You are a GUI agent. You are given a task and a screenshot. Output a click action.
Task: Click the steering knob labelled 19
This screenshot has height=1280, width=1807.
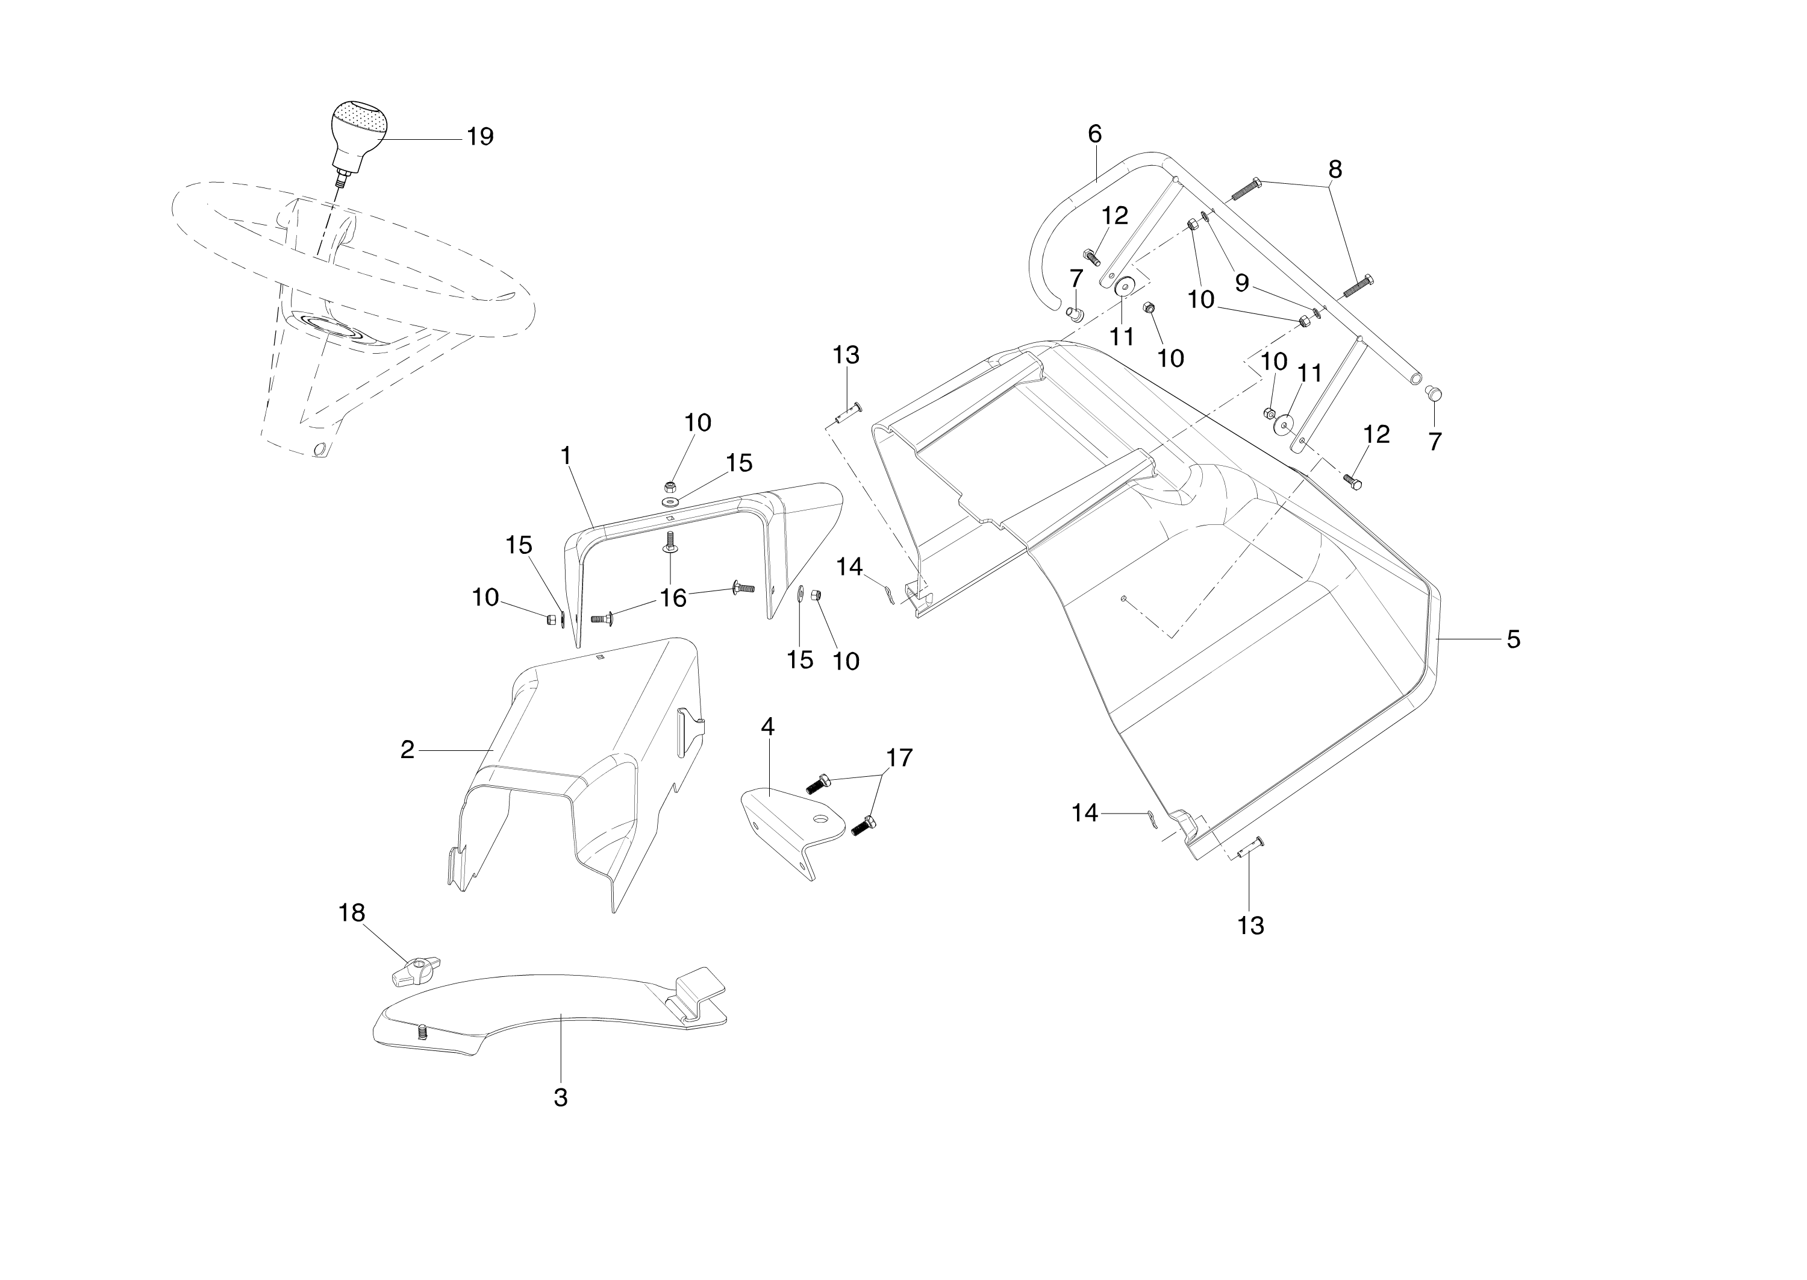coord(358,130)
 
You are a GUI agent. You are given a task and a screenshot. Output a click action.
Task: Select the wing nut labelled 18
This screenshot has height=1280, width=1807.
coord(415,971)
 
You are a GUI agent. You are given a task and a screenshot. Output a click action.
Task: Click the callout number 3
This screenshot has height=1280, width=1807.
coord(561,1097)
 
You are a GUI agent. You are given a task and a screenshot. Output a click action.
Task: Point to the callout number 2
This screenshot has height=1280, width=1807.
coord(407,750)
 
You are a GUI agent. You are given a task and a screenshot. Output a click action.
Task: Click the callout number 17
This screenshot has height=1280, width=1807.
coord(899,758)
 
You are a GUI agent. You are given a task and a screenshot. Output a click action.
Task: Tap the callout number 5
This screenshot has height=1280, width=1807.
coord(1513,639)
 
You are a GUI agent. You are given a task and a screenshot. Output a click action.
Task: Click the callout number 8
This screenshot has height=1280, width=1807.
coord(1335,169)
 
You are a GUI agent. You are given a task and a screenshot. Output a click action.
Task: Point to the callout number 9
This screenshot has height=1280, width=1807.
coord(1242,283)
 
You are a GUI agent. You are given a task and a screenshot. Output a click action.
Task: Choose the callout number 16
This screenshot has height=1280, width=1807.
coord(673,598)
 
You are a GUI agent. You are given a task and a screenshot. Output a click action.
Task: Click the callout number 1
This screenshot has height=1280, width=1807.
coord(566,456)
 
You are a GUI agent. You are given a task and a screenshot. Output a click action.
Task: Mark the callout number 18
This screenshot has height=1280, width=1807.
coord(352,913)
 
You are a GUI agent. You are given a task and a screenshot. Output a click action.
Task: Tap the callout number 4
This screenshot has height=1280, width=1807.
coord(767,727)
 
